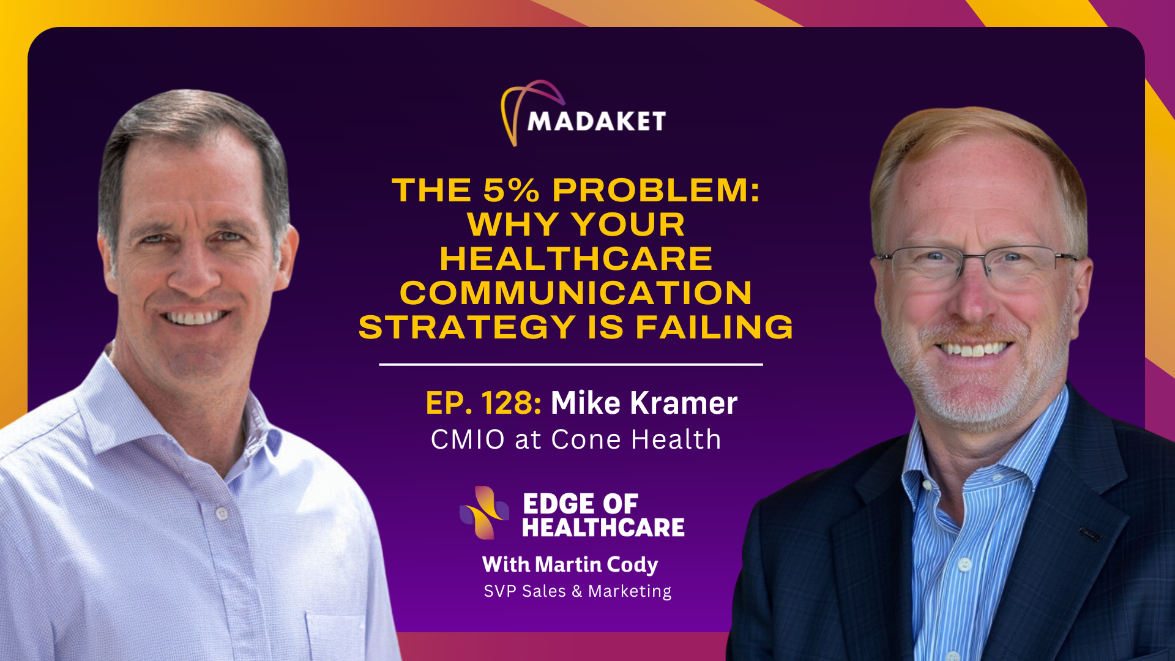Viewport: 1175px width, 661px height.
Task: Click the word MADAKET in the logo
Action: [x=596, y=121]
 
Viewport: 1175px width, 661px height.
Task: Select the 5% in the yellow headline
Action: [x=512, y=190]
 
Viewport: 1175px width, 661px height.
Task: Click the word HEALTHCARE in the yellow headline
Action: [x=576, y=258]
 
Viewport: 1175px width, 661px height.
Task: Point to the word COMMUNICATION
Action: [x=576, y=293]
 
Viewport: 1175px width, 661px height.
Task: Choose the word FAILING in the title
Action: [x=714, y=327]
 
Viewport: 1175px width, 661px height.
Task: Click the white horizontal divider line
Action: [x=571, y=364]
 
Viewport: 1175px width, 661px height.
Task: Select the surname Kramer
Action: [x=683, y=403]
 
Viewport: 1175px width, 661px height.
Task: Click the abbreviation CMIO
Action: [x=468, y=439]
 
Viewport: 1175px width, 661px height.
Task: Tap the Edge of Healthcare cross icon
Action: [x=484, y=513]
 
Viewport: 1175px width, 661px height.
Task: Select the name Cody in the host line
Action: [x=632, y=565]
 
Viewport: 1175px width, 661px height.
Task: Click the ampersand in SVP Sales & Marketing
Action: [x=577, y=591]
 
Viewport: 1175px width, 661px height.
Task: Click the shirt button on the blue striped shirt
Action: [x=964, y=564]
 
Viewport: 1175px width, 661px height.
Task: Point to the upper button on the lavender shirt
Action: [x=222, y=513]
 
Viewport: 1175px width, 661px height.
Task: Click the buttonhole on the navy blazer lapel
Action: [x=1089, y=534]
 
